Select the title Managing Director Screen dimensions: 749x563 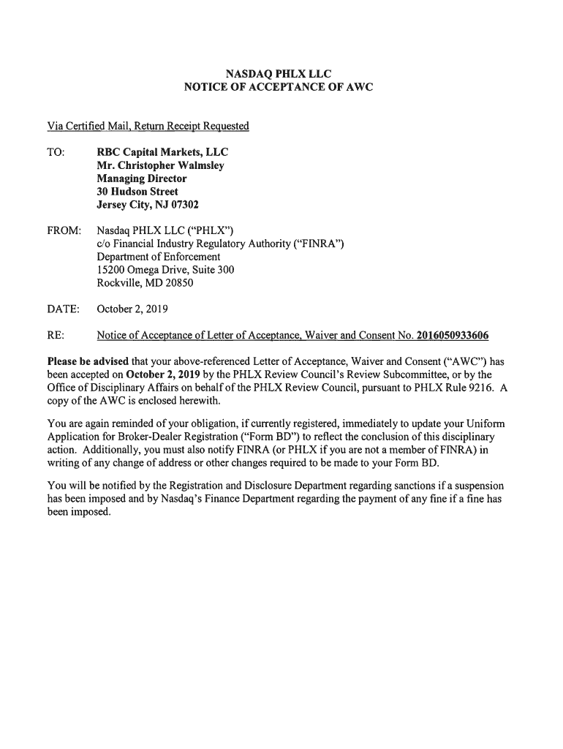[x=141, y=178]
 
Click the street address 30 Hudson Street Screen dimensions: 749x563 [x=137, y=192]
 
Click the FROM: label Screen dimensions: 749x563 [x=64, y=231]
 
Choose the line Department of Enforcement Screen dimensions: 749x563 [x=158, y=257]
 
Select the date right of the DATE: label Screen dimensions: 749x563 [x=132, y=309]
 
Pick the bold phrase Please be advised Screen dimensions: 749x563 [x=88, y=362]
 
